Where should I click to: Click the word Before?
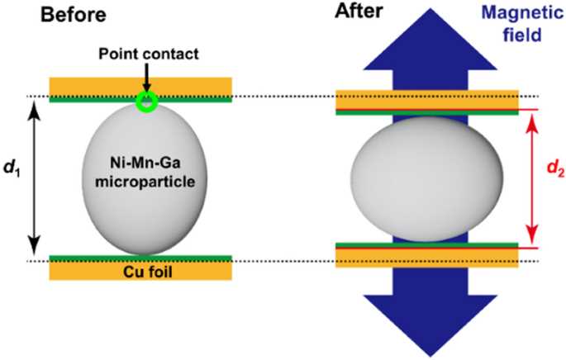tap(74, 16)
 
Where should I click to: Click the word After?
tap(359, 11)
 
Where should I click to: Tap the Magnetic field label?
tap(522, 25)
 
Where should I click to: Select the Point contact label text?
tap(149, 54)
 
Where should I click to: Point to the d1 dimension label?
tap(12, 168)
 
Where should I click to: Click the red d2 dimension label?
tap(555, 168)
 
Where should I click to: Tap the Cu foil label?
tap(148, 272)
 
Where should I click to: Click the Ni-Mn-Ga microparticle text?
tap(145, 173)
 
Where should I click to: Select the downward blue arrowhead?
tap(430, 324)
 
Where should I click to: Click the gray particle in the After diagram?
tap(427, 179)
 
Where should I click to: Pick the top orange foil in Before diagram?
tap(140, 87)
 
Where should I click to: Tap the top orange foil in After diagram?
tap(427, 100)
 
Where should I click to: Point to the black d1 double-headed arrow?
tap(34, 178)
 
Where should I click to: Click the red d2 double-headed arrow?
tap(532, 178)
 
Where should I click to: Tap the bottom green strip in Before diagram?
tap(140, 258)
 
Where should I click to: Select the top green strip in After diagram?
tap(427, 112)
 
